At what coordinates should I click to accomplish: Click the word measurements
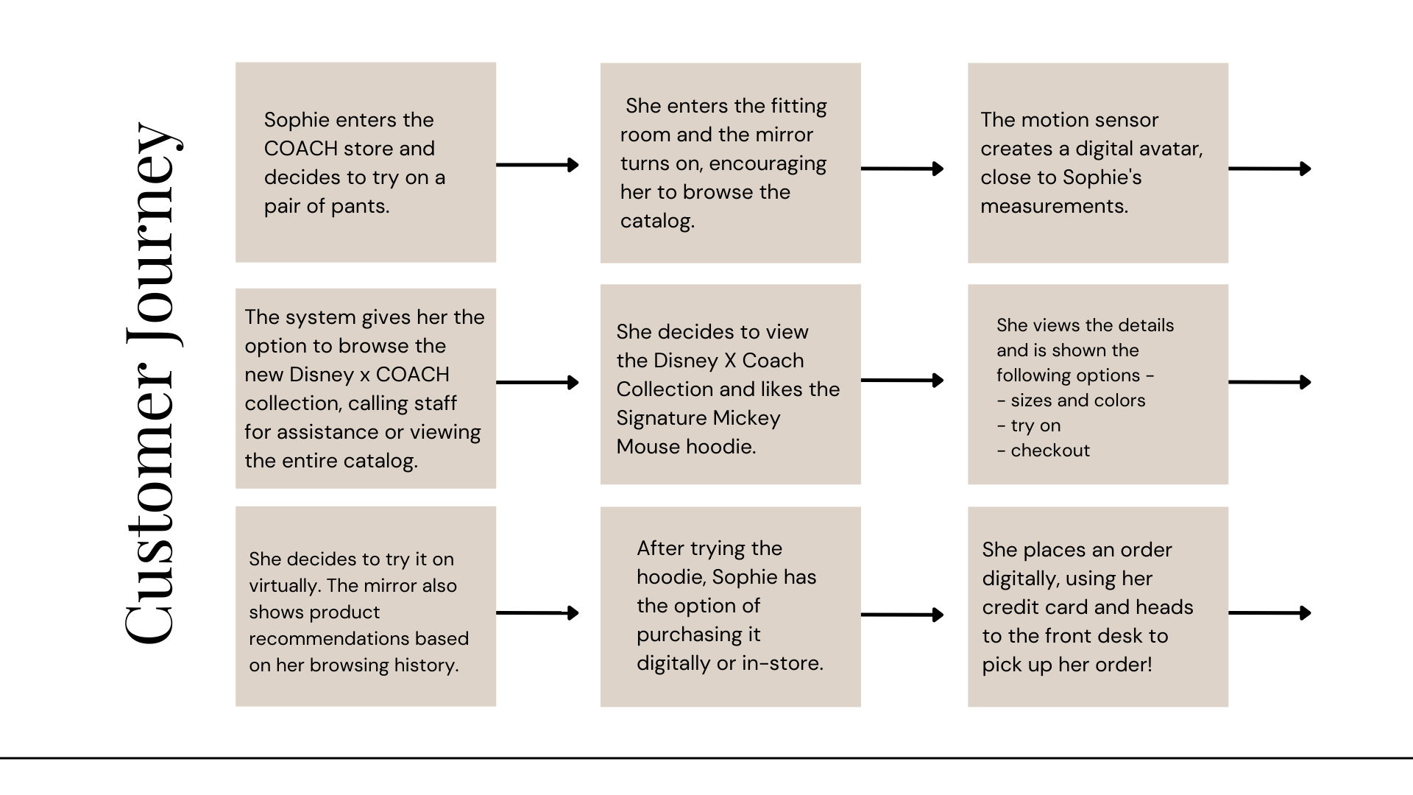(1054, 206)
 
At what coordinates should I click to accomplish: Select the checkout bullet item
(1050, 451)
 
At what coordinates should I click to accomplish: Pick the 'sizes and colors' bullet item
(1077, 400)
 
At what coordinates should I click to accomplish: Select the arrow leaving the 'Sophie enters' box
(537, 165)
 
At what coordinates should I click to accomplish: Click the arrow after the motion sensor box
(1269, 169)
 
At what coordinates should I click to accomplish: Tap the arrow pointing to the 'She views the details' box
(902, 381)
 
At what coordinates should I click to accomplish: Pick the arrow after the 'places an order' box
(1269, 612)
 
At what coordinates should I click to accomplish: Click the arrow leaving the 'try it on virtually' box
(537, 612)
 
